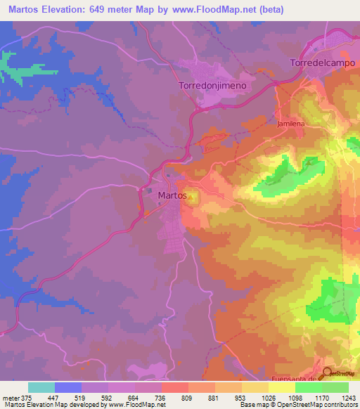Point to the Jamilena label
291,123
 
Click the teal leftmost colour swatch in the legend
41,387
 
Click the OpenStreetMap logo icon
328,374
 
